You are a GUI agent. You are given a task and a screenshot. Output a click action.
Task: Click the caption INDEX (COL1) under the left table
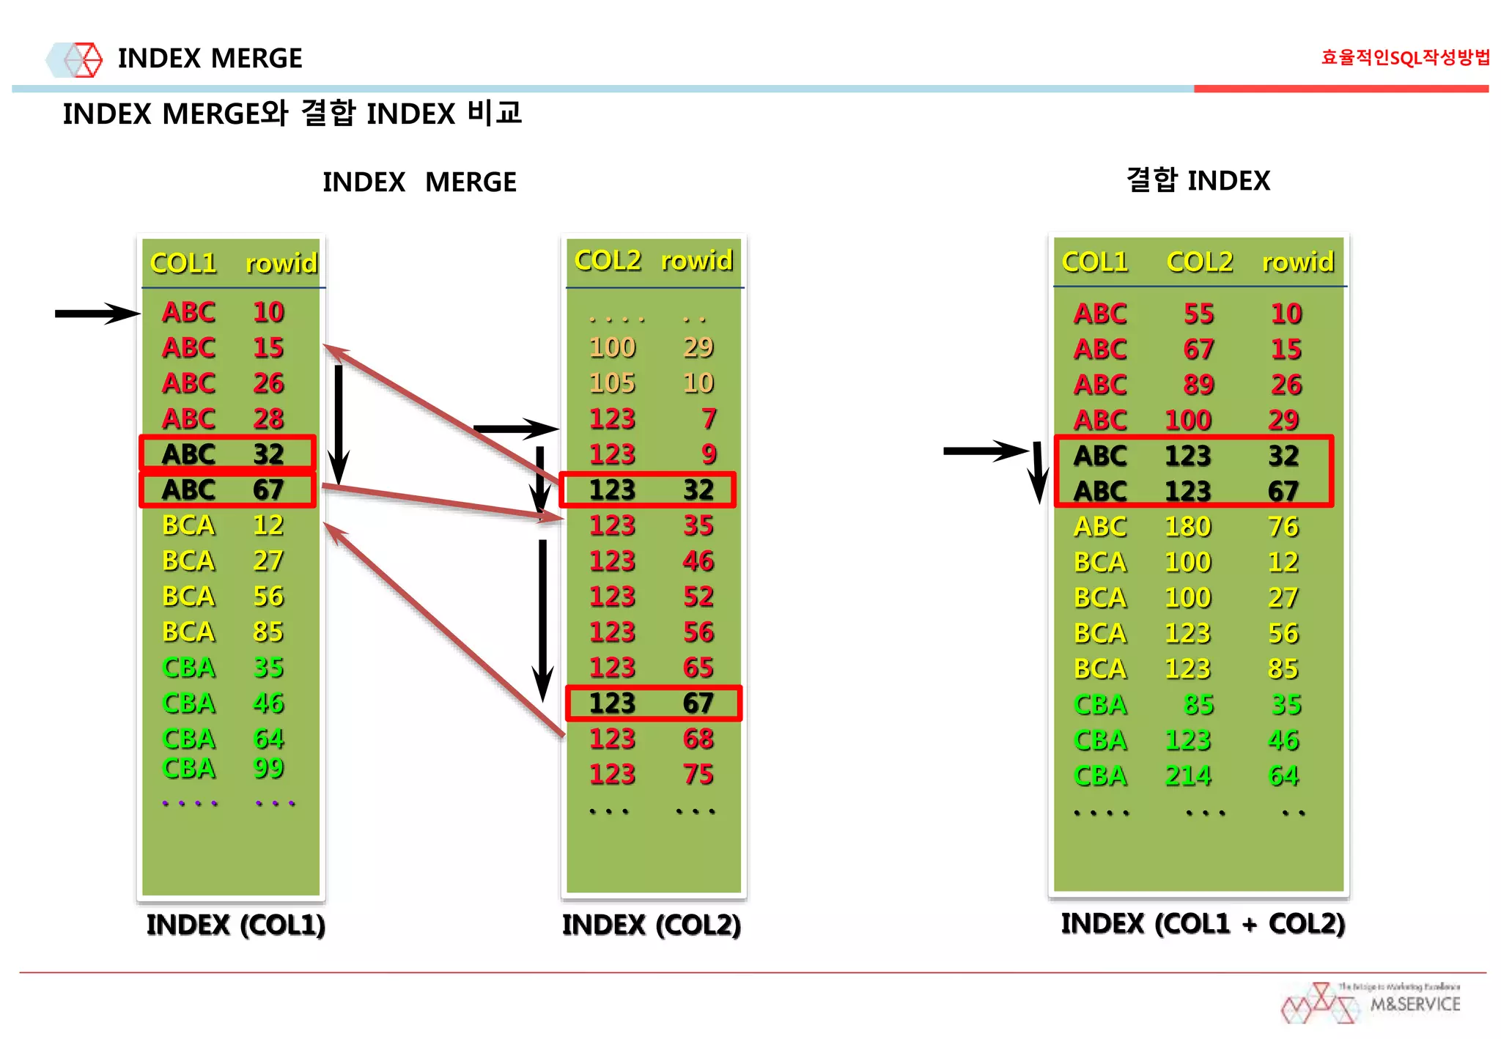click(x=235, y=925)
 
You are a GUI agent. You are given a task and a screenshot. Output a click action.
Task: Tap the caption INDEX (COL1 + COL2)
click(x=1203, y=923)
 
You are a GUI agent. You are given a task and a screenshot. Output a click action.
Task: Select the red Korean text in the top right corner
click(x=1405, y=57)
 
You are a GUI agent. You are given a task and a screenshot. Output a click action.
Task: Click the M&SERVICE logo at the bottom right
click(x=1371, y=1003)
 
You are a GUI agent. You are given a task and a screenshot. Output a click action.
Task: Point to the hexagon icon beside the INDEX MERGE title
click(x=75, y=59)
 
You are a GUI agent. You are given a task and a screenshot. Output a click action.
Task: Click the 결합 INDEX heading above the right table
click(x=1198, y=180)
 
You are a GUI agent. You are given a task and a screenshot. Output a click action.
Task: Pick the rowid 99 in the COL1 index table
click(x=268, y=768)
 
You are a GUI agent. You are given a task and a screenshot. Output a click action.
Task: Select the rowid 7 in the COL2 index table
click(x=708, y=418)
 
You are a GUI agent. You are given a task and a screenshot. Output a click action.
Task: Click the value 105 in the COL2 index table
click(x=612, y=382)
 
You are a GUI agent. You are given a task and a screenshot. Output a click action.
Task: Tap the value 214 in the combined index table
click(x=1188, y=775)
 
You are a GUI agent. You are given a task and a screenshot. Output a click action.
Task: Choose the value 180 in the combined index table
click(x=1188, y=526)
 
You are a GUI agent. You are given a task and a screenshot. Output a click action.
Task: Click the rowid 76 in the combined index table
click(x=1283, y=526)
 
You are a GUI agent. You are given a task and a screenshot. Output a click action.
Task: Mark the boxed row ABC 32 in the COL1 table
click(x=227, y=454)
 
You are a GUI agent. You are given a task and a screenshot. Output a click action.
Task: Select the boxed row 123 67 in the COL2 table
click(x=653, y=703)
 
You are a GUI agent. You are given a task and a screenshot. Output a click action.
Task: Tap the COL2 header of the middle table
click(x=607, y=260)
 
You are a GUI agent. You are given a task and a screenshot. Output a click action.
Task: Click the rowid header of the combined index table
click(x=1297, y=262)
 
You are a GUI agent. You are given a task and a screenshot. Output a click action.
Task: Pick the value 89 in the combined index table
click(x=1198, y=384)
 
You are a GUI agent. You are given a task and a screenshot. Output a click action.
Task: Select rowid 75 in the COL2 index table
click(x=698, y=774)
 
